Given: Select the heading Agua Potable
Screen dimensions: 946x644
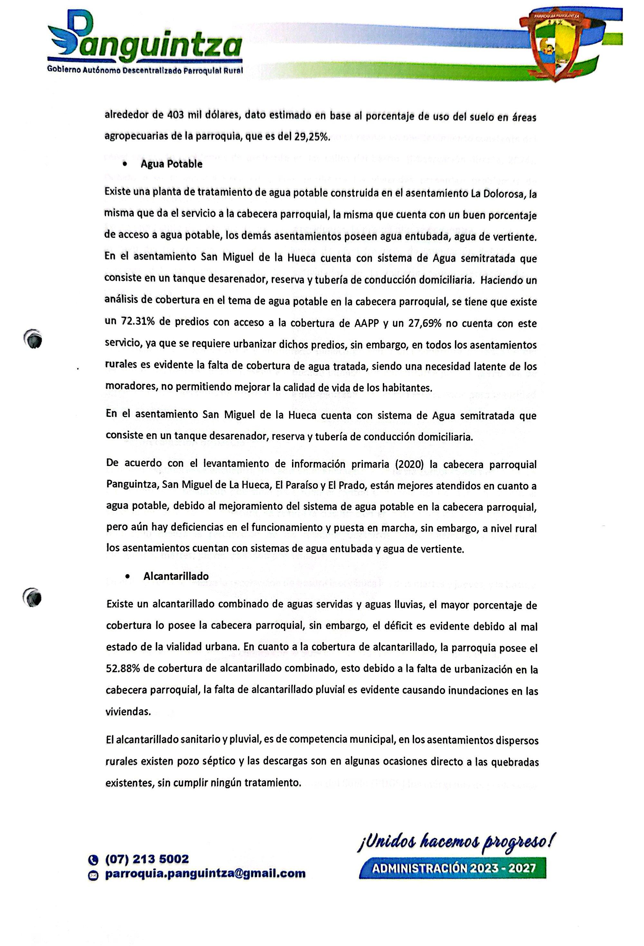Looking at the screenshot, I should coord(171,164).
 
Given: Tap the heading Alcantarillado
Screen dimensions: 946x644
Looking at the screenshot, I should coord(176,576).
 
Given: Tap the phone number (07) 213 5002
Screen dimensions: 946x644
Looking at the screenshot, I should coord(147,859).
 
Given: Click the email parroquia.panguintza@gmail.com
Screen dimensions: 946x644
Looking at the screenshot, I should coord(205,873).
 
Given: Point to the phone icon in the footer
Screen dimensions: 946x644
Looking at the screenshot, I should coord(93,860).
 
